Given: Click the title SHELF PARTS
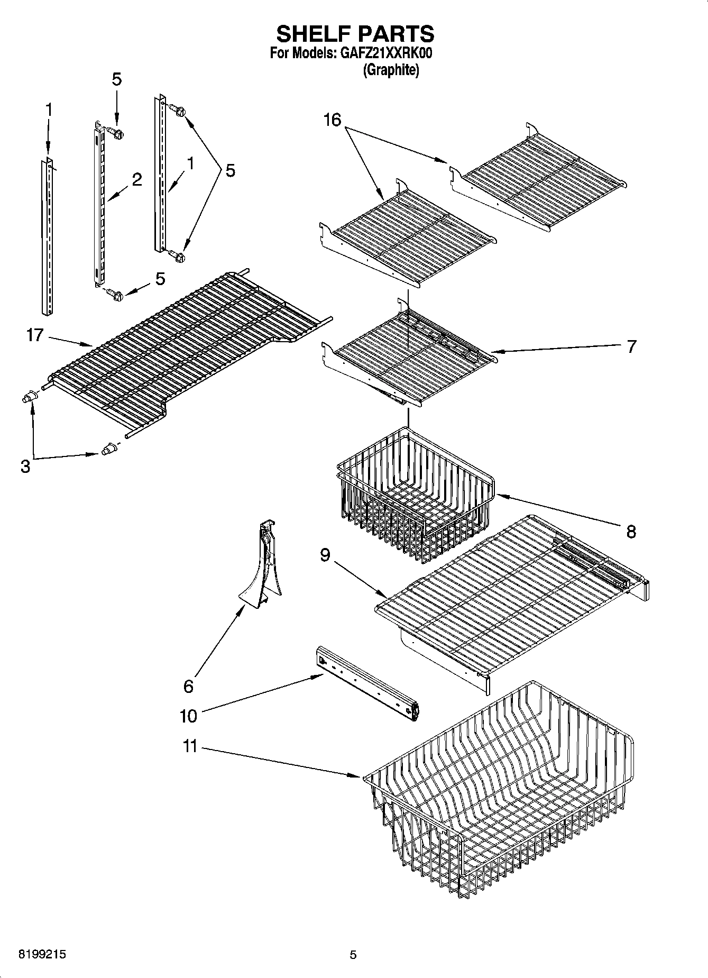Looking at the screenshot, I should pos(355,34).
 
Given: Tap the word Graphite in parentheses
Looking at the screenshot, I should pos(391,70).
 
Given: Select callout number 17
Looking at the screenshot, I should pos(34,335).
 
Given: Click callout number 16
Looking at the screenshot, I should pos(332,120).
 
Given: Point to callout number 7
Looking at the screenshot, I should pos(631,346).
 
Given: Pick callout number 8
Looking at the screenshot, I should pos(631,531).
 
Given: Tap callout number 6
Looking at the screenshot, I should pos(188,686).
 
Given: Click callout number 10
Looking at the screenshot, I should pos(188,716).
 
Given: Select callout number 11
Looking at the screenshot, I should pos(190,746).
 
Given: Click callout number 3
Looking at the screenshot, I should pos(25,467).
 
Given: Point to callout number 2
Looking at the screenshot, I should pos(137,180).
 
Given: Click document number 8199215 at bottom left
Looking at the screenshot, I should pos(42,955).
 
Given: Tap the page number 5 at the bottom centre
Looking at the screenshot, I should pos(353,955).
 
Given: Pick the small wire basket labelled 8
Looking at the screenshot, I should pos(415,495).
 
